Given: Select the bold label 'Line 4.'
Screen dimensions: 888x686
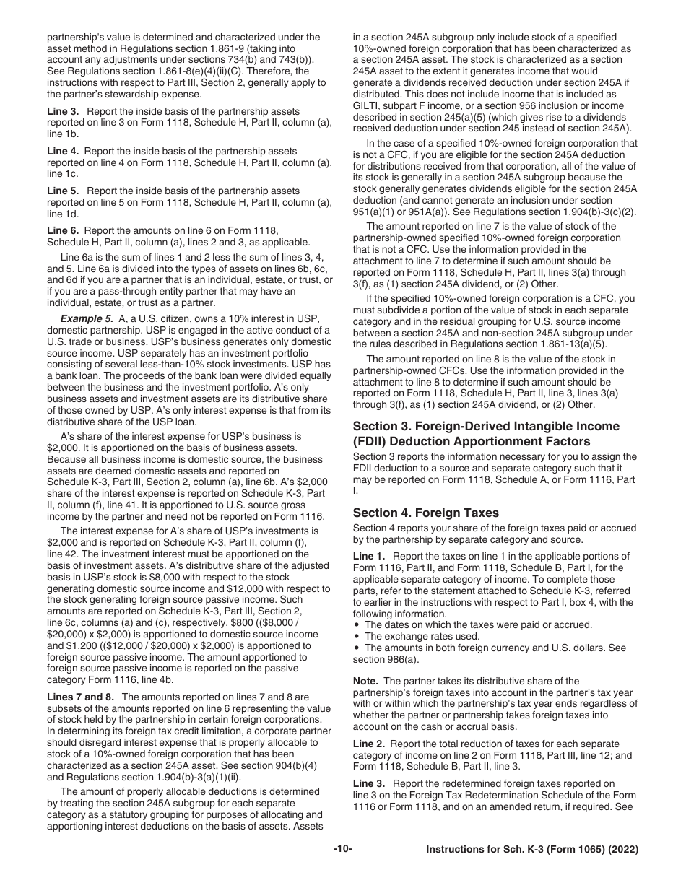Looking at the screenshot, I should click(64, 152).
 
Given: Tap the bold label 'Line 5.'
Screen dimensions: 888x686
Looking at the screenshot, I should click(64, 191).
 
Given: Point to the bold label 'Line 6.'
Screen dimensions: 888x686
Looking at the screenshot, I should click(64, 230).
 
